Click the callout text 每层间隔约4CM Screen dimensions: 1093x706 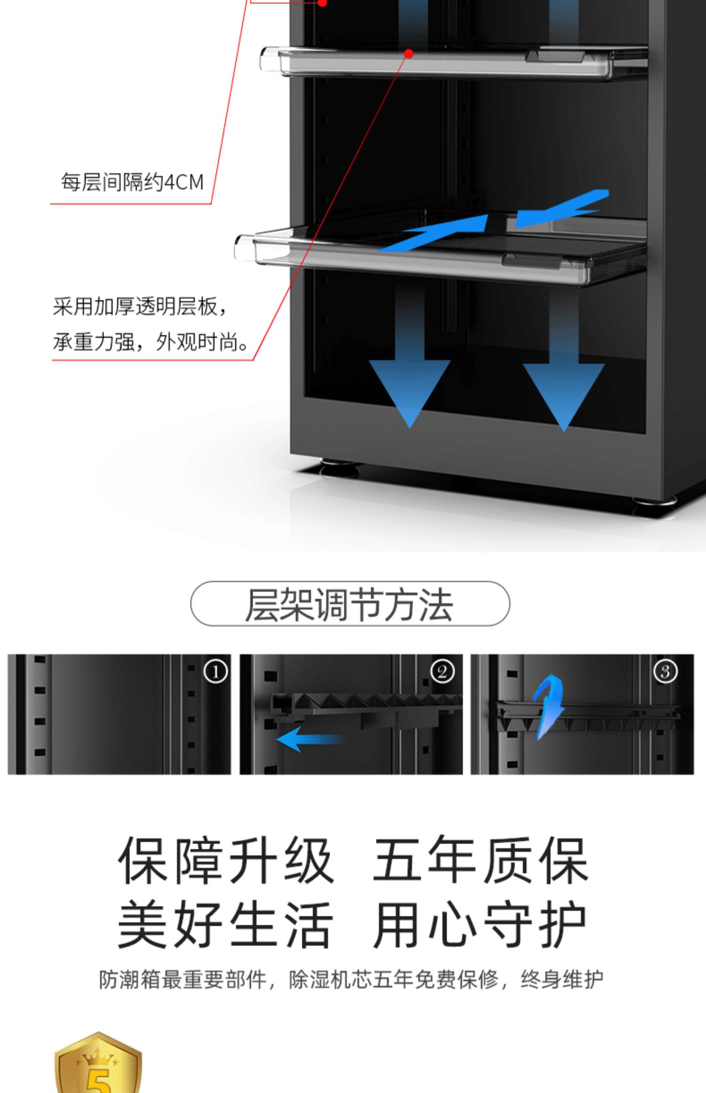pyautogui.click(x=132, y=182)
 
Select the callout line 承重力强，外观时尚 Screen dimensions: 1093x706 pyautogui.click(x=151, y=342)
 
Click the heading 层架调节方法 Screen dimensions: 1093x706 pyautogui.click(x=349, y=604)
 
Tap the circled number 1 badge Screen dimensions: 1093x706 pyautogui.click(x=216, y=672)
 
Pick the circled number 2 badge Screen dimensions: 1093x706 pyautogui.click(x=442, y=672)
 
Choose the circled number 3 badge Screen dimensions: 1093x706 pyautogui.click(x=666, y=672)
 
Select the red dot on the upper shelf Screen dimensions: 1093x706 pyautogui.click(x=409, y=54)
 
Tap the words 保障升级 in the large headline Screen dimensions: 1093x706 pyautogui.click(x=226, y=861)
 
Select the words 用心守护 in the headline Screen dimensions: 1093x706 pyautogui.click(x=480, y=924)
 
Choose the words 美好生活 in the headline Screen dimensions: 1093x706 pyautogui.click(x=226, y=924)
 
